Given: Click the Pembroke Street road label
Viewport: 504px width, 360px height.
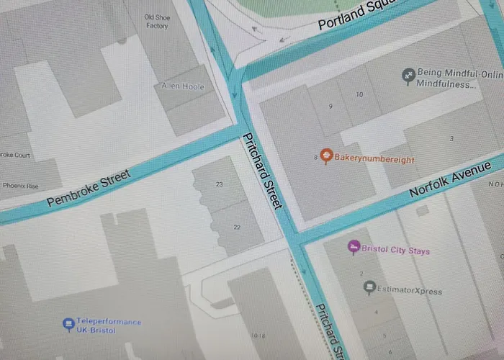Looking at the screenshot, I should pos(89,188).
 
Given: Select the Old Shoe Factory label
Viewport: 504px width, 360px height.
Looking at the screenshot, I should pos(156,22).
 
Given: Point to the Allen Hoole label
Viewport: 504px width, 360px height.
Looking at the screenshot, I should pos(184,86).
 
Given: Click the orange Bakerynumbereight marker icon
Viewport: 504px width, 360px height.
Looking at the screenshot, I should pos(325,155).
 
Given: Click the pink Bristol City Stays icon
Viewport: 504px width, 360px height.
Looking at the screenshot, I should pos(354,247).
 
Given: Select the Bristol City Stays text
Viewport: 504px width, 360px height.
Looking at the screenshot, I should pos(395,251).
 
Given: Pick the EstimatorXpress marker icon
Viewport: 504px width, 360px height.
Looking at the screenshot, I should pos(369,288).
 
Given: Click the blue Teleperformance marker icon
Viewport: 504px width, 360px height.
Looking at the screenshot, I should pos(68,323).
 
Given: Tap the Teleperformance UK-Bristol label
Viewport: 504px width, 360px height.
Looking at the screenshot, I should pos(109,325).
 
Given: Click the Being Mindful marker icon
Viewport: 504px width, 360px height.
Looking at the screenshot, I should pos(408,74).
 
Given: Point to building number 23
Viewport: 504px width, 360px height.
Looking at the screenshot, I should pos(219,184).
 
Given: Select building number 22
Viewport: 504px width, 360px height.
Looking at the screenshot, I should pos(237,227).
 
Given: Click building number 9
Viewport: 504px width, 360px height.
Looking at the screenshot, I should pos(330,107).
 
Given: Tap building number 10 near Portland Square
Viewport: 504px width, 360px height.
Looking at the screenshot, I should pos(359,94).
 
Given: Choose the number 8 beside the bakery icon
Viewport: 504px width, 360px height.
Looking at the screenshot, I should pos(316,156).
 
